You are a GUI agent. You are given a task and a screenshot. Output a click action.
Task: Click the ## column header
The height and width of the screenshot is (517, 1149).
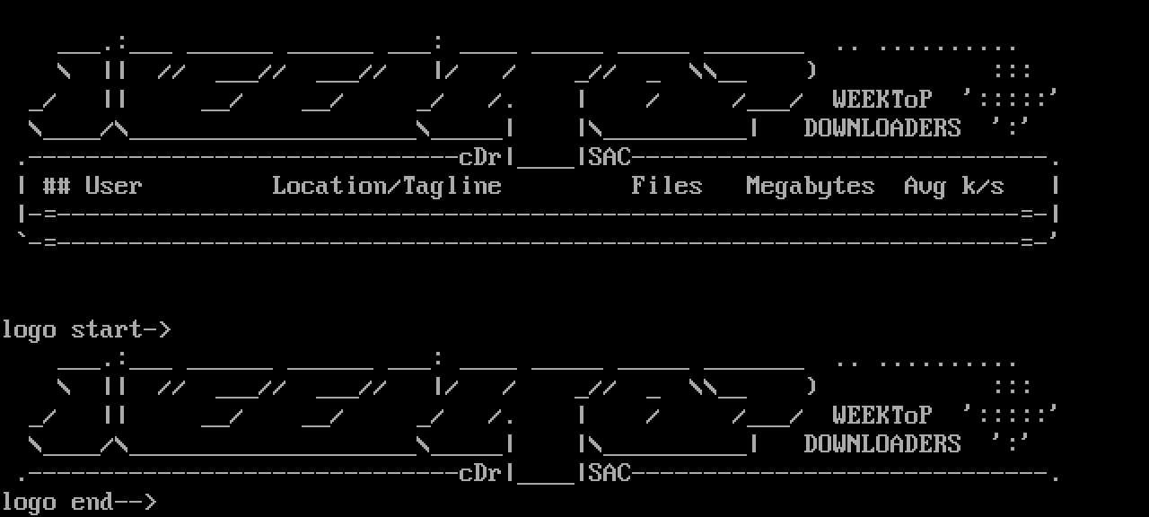pyautogui.click(x=57, y=186)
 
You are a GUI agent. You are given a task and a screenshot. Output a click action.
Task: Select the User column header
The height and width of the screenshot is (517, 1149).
pyautogui.click(x=113, y=186)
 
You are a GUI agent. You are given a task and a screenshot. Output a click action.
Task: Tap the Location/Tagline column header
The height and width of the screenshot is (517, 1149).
pyautogui.click(x=387, y=186)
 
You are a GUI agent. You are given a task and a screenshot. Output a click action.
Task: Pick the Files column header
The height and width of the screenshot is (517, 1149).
pyautogui.click(x=666, y=186)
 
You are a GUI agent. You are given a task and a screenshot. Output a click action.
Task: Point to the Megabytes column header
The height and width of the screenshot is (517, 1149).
pyautogui.click(x=810, y=186)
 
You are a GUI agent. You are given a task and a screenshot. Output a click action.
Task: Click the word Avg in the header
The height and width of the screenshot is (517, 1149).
pyautogui.click(x=925, y=186)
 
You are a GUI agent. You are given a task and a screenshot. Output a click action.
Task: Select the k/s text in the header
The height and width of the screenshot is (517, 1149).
pyautogui.click(x=982, y=186)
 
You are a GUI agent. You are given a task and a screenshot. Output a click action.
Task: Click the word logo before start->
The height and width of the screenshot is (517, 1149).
pyautogui.click(x=29, y=329)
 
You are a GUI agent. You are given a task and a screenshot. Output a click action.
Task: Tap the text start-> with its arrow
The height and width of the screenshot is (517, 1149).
pyautogui.click(x=121, y=329)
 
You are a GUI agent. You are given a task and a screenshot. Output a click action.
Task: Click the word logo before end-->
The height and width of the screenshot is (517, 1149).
pyautogui.click(x=29, y=502)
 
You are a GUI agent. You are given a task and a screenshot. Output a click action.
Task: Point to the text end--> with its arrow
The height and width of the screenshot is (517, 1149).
pyautogui.click(x=114, y=502)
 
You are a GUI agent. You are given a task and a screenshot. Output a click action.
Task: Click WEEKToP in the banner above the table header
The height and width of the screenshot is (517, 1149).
pyautogui.click(x=881, y=99)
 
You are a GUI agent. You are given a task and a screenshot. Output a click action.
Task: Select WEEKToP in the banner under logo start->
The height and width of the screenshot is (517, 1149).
pyautogui.click(x=881, y=415)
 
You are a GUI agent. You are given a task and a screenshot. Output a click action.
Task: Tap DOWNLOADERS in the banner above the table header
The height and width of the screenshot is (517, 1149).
pyautogui.click(x=881, y=127)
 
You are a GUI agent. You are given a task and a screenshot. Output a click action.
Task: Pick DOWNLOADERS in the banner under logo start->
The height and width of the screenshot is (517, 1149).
pyautogui.click(x=881, y=443)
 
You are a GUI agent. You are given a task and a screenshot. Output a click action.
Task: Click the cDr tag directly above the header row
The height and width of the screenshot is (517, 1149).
pyautogui.click(x=480, y=157)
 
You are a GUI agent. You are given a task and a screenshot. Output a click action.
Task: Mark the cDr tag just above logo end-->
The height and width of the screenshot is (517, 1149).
pyautogui.click(x=480, y=473)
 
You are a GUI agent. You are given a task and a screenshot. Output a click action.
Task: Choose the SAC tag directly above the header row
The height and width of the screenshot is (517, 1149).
pyautogui.click(x=610, y=157)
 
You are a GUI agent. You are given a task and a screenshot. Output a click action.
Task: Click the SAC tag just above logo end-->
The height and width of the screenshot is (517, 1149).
pyautogui.click(x=610, y=473)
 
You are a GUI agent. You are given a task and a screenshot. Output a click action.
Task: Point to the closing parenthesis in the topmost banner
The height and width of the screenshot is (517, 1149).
pyautogui.click(x=811, y=70)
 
